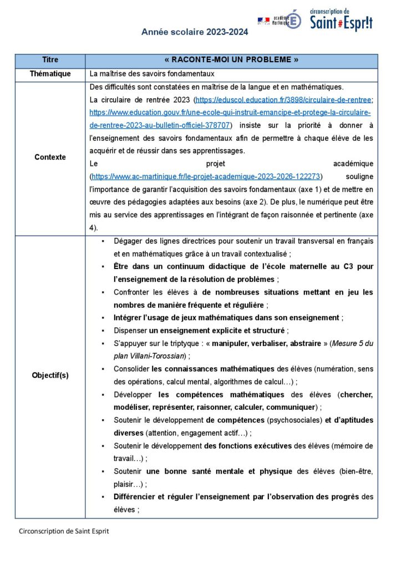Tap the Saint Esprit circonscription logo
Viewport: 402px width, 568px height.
[340, 19]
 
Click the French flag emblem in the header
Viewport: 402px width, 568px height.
[263, 20]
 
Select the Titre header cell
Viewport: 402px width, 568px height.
[50, 60]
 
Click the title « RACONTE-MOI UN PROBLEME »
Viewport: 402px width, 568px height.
[232, 60]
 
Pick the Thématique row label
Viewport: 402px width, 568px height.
[50, 74]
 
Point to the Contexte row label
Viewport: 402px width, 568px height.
[50, 157]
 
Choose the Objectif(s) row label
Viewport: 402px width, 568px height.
[50, 375]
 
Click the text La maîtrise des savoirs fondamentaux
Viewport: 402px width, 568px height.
[151, 74]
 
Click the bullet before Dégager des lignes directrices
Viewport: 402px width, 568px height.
[103, 241]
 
